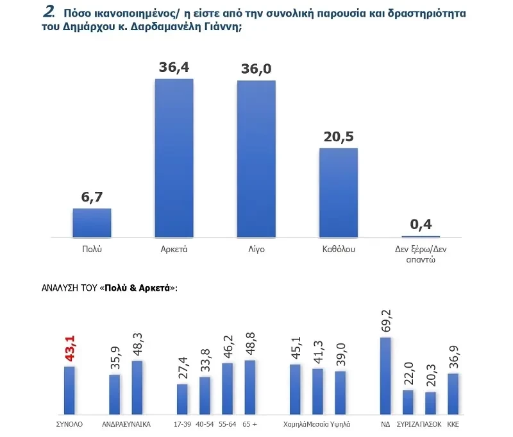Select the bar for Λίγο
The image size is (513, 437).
[x=256, y=159]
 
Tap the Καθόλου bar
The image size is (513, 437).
[x=339, y=193]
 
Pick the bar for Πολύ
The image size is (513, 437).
[x=92, y=223]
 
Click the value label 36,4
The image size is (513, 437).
[x=174, y=67]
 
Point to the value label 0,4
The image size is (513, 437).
[x=421, y=225]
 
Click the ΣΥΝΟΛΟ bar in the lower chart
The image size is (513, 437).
[x=70, y=390]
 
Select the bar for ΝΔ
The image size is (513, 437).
[x=385, y=375]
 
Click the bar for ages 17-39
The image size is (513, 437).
[x=182, y=398]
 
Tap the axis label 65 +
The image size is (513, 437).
[x=249, y=424]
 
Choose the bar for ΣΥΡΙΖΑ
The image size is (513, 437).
[x=408, y=402]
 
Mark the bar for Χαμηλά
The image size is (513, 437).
[x=295, y=389]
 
